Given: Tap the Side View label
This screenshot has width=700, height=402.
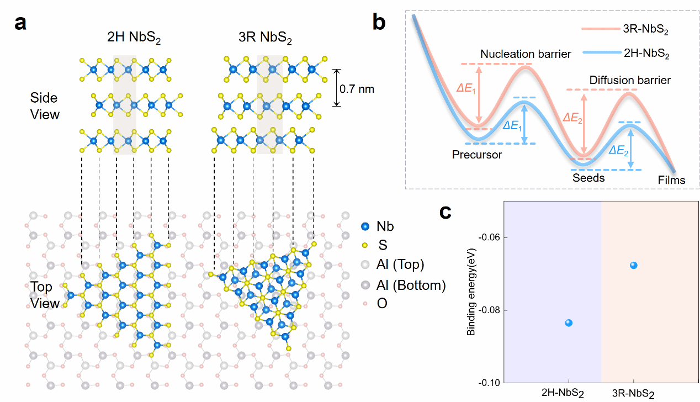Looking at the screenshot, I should point(44,106).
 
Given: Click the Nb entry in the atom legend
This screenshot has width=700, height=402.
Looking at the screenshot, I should point(385,226).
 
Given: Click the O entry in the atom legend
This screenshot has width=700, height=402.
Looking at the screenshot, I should point(381,303).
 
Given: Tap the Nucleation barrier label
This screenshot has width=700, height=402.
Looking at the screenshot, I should point(526,54).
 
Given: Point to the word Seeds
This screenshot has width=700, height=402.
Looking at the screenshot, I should point(588,178).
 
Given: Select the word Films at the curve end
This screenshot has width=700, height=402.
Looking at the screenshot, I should point(671,180).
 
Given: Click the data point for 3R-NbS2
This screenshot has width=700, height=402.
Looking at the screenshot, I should point(633,265).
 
